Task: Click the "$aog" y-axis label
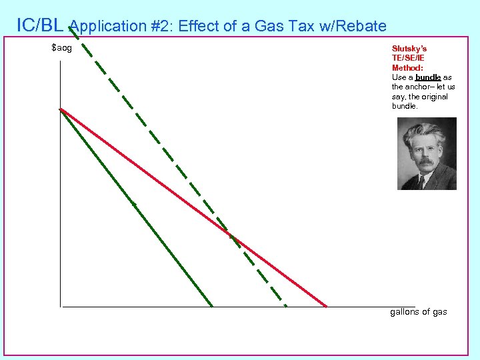pos(61,48)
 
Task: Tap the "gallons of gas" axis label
pos(418,312)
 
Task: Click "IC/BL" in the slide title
pos(40,25)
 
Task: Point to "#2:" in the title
pos(155,27)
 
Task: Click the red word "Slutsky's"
pos(409,49)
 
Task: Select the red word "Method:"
pos(407,67)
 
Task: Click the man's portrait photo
pos(427,153)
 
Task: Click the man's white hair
pos(427,130)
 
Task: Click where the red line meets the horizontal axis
pos(327,306)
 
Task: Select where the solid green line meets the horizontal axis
pos(212,306)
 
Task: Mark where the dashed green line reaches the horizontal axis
pos(286,306)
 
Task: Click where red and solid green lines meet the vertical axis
pos(60,109)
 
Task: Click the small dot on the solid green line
pos(134,204)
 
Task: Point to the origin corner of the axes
pos(60,307)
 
